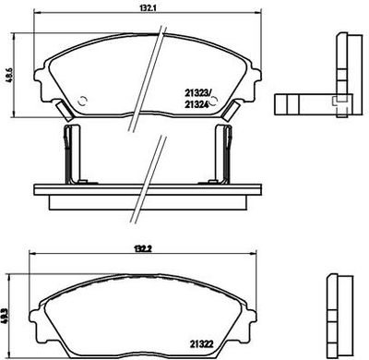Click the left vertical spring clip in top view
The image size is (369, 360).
pos(71,154)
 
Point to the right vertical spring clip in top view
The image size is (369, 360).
pos(223,154)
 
